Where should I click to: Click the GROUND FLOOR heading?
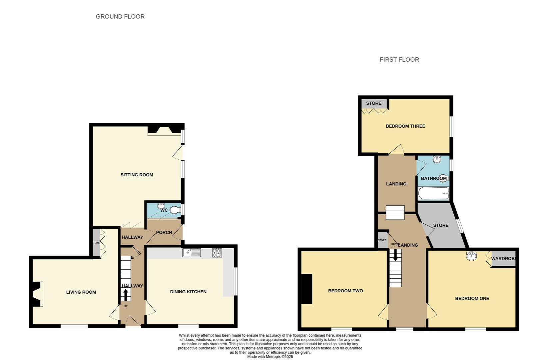pos(120,17)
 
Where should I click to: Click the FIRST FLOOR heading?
pos(399,60)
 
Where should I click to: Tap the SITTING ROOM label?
pos(137,175)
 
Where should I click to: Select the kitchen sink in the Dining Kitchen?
pos(192,253)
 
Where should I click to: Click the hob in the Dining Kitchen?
pos(217,253)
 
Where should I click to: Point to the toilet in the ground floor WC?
pos(175,210)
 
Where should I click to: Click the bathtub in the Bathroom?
pos(433,193)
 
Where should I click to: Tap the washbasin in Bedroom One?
pos(471,256)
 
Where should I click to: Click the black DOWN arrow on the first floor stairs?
pos(395,256)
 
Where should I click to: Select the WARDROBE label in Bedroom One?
pos(503,259)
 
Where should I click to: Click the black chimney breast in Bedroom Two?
pos(307,289)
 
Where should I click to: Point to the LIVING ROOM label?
pos(81,292)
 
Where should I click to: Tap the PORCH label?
pos(164,233)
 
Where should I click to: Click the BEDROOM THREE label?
pos(405,126)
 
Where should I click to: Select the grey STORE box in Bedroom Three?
pos(374,103)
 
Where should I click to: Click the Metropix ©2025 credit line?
pos(270,357)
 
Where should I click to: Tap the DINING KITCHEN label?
pos(188,292)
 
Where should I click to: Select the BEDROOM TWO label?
pos(345,291)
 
